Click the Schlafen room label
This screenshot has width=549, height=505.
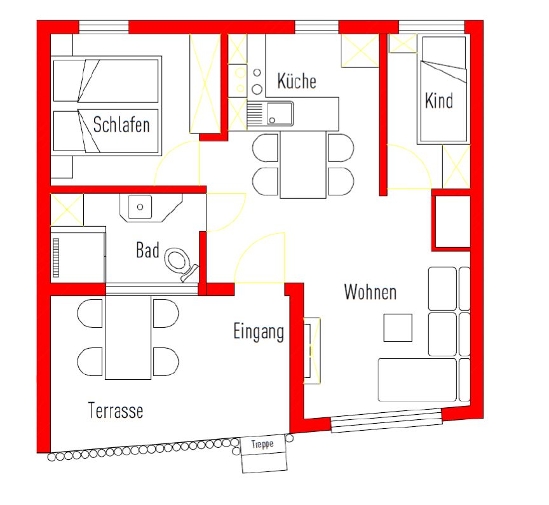pyautogui.click(x=121, y=125)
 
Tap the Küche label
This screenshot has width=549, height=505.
pyautogui.click(x=297, y=81)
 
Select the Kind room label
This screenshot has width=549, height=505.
pyautogui.click(x=438, y=100)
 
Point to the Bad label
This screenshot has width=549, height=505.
pyautogui.click(x=147, y=250)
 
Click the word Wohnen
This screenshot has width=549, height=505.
pyautogui.click(x=370, y=292)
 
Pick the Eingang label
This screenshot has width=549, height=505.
pyautogui.click(x=259, y=332)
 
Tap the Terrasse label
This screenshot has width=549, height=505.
pyautogui.click(x=116, y=410)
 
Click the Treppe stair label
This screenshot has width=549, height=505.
pyautogui.click(x=262, y=445)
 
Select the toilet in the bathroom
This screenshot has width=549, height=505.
pyautogui.click(x=180, y=263)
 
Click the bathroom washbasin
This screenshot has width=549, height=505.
pyautogui.click(x=140, y=207)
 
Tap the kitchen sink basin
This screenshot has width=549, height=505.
pyautogui.click(x=280, y=114)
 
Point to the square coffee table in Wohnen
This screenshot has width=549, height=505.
pyautogui.click(x=398, y=328)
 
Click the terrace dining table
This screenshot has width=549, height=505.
pyautogui.click(x=128, y=337)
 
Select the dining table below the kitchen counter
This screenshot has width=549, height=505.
pyautogui.click(x=303, y=165)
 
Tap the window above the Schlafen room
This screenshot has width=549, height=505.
pyautogui.click(x=104, y=27)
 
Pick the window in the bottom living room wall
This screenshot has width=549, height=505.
pyautogui.click(x=386, y=420)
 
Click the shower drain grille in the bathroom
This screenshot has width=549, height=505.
pyautogui.click(x=56, y=257)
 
